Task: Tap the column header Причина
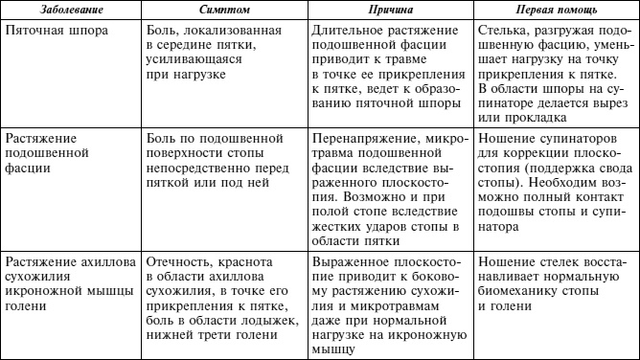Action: coord(391,9)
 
